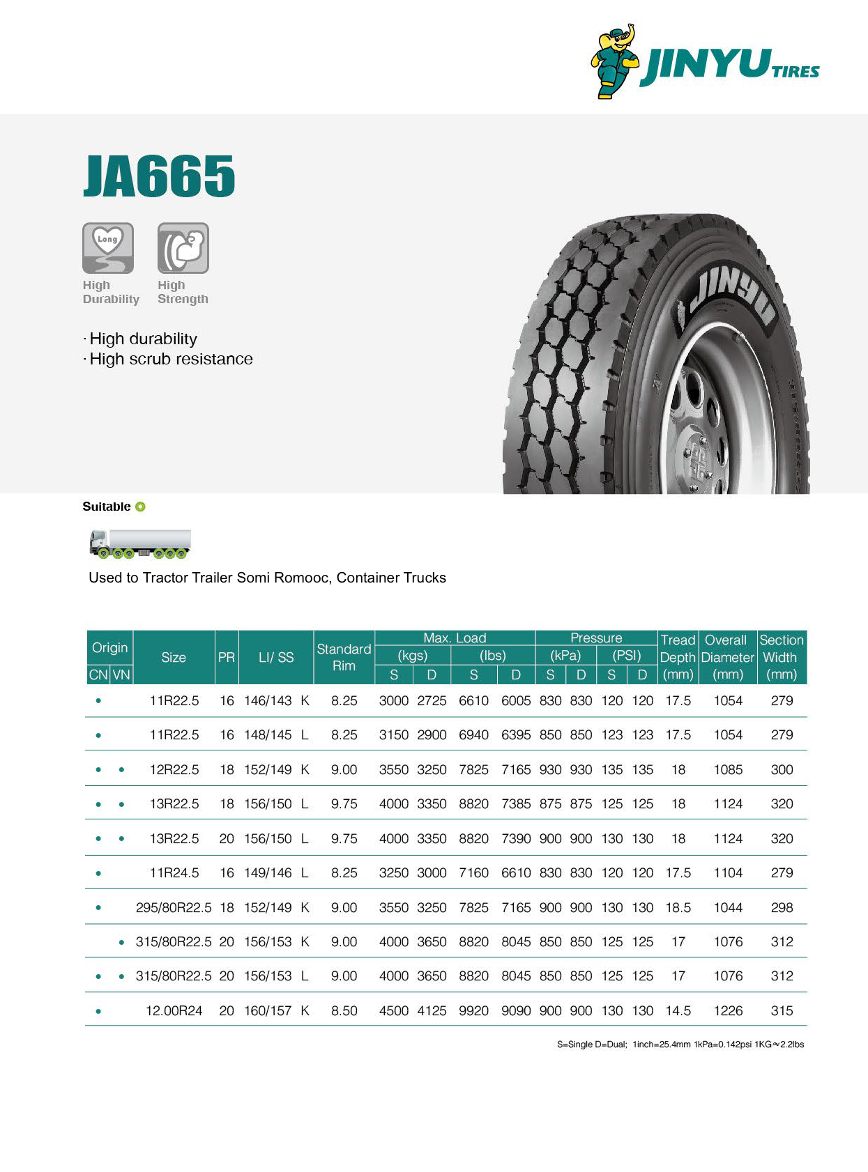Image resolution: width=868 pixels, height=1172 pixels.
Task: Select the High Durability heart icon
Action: click(108, 247)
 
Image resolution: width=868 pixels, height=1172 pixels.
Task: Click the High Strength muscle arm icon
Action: click(183, 247)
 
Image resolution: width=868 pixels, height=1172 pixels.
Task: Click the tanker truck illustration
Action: click(140, 543)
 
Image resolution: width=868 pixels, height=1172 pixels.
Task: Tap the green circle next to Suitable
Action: click(140, 507)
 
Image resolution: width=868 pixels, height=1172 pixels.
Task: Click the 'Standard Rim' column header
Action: click(344, 657)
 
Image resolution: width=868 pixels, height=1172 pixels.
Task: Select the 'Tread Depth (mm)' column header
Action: click(678, 657)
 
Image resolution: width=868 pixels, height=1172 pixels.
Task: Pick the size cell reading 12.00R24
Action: click(174, 1010)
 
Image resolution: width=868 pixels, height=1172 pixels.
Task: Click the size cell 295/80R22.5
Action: click(174, 907)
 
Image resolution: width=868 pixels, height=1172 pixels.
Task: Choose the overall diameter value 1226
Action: click(728, 1010)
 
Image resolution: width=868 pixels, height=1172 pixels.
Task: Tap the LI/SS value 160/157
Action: click(268, 1010)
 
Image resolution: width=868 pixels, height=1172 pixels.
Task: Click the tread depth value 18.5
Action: click(678, 907)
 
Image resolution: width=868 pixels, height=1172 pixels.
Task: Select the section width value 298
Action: click(782, 907)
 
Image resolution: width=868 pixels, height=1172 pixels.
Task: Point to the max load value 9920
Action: click(473, 1010)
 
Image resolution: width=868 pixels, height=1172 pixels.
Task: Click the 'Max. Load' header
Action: click(455, 638)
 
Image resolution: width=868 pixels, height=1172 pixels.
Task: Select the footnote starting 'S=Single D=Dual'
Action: click(680, 1044)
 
